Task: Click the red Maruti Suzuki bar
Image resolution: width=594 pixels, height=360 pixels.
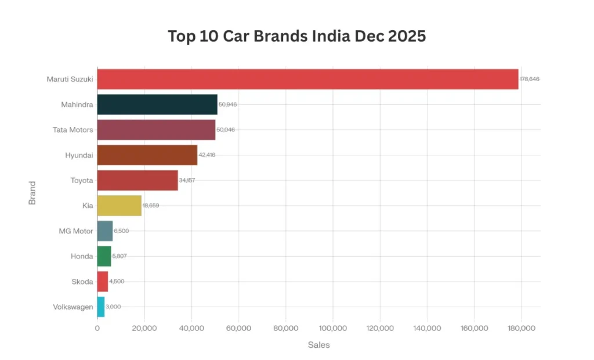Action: click(307, 79)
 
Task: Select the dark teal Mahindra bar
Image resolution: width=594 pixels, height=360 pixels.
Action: click(157, 104)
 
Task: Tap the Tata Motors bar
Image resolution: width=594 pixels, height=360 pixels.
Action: click(156, 130)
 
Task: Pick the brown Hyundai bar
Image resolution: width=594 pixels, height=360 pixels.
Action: click(147, 155)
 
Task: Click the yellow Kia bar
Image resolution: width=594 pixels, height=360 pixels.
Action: click(119, 206)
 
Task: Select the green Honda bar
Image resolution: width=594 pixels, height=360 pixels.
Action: click(104, 256)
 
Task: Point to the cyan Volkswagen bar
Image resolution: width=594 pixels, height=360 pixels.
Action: click(100, 307)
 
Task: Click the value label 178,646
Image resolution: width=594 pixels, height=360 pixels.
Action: click(530, 79)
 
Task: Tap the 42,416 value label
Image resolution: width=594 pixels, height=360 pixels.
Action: click(207, 155)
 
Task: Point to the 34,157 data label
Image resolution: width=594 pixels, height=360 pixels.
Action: click(187, 180)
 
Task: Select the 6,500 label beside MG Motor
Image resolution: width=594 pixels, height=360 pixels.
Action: click(121, 231)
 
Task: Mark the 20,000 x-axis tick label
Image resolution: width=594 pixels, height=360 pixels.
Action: click(144, 328)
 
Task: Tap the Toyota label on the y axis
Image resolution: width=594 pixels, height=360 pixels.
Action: click(81, 180)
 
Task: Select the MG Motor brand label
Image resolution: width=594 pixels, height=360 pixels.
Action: click(75, 231)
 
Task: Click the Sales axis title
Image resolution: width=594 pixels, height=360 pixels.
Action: click(318, 345)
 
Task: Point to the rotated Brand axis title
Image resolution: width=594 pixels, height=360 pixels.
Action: click(32, 193)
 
